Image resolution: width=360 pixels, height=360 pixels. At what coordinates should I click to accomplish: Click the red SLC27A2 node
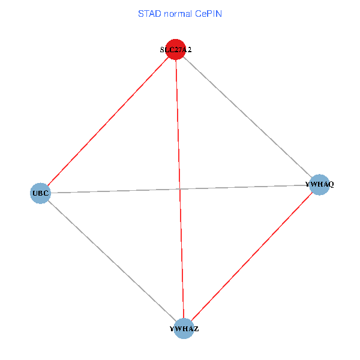pos(175,50)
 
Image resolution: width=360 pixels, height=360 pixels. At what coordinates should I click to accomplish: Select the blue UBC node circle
pos(40,193)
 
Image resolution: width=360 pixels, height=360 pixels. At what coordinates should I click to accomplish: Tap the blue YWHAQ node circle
pos(320,184)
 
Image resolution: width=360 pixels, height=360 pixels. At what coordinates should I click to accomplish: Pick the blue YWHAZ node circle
pos(184,328)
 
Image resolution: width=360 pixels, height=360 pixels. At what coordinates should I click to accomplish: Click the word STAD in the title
pos(149,13)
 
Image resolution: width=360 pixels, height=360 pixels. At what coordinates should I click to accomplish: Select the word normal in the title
pos(178,13)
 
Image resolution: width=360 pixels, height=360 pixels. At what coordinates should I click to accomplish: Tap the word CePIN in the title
pos(208,13)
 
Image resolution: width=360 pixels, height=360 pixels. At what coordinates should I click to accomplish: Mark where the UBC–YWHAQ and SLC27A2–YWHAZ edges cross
pos(179,189)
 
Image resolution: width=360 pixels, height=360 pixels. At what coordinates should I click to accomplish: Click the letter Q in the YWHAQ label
pos(331,184)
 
